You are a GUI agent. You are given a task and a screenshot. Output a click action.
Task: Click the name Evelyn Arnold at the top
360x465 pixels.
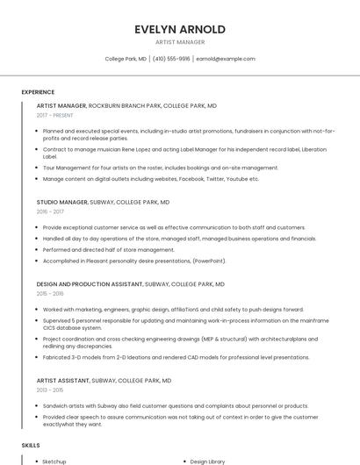180,29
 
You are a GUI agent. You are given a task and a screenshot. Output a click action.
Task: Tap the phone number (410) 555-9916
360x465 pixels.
171,59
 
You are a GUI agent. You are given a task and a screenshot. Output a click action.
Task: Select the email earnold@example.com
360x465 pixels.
226,59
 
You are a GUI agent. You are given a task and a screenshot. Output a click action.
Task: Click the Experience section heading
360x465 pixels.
38,92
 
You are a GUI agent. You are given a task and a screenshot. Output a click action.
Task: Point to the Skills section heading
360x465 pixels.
31,446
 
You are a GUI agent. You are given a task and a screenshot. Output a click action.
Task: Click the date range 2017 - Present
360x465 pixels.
54,115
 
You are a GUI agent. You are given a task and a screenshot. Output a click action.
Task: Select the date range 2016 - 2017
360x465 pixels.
50,211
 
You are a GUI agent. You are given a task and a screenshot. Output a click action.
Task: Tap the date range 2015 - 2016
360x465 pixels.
50,294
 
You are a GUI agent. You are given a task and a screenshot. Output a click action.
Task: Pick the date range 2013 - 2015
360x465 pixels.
50,390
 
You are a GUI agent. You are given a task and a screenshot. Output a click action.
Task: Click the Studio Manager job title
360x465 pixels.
62,202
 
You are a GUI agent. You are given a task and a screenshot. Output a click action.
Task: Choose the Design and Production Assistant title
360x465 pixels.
89,284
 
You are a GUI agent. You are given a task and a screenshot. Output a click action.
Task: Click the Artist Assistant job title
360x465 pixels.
63,381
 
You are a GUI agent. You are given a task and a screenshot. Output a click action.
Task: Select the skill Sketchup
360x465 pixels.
54,461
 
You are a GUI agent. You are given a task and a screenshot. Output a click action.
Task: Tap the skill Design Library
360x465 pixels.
208,461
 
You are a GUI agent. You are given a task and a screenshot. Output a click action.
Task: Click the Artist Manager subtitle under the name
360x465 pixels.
180,42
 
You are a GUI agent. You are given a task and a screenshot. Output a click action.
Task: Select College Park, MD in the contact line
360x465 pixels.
126,59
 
